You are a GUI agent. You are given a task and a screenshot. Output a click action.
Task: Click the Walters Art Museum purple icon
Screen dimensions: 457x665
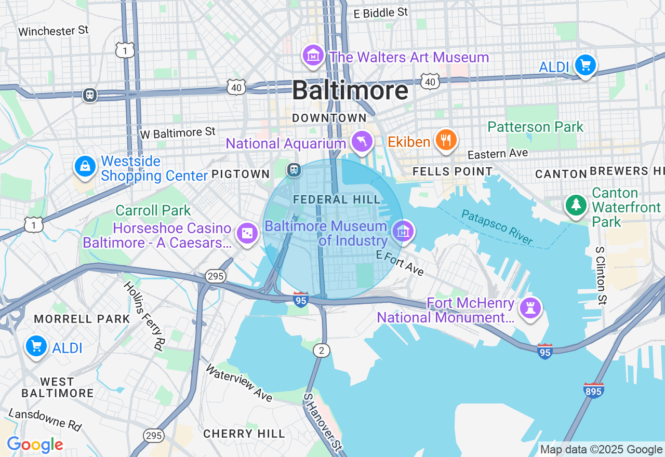click(x=313, y=56)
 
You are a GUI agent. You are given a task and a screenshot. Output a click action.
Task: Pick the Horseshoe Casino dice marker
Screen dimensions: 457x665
click(x=247, y=234)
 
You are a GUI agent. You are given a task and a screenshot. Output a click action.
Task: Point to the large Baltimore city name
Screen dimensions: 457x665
click(x=350, y=90)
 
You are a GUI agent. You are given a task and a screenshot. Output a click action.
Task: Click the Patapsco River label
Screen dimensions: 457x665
click(x=497, y=227)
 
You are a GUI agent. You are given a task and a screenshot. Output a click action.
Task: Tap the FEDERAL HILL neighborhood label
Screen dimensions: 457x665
click(x=336, y=199)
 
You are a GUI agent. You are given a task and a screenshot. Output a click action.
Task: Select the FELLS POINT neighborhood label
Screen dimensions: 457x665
click(x=452, y=171)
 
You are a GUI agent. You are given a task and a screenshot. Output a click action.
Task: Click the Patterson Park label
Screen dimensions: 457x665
click(x=535, y=127)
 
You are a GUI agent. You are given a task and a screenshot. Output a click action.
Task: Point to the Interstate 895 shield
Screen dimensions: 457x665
click(x=593, y=389)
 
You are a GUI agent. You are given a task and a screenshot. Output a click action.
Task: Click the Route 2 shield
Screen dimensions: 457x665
click(x=322, y=351)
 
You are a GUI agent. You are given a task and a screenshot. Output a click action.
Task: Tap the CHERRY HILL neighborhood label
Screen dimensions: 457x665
click(x=244, y=434)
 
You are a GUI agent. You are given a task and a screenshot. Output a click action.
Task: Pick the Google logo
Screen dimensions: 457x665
click(x=35, y=445)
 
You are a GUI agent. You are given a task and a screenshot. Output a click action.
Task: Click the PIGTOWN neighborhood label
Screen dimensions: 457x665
click(x=241, y=174)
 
